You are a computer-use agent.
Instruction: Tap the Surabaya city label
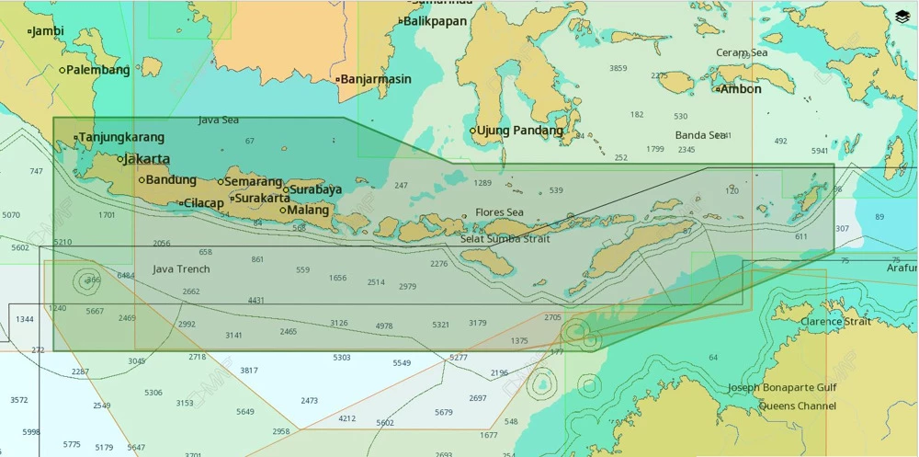pos(315,189)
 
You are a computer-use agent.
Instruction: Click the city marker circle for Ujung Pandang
pos(473,131)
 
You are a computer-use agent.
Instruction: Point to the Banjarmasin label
pos(377,79)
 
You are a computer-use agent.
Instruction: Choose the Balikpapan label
pos(435,21)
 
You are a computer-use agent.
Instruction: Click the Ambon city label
pos(741,89)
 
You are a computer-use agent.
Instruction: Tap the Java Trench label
pos(181,269)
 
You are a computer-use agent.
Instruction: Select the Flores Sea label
pos(499,212)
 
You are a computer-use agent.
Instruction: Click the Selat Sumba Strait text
pos(505,239)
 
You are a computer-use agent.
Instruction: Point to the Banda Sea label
pos(701,135)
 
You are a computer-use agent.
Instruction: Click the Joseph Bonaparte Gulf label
pos(782,388)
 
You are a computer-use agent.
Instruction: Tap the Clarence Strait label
pos(834,322)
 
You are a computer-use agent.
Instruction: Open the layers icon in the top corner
pos(902,16)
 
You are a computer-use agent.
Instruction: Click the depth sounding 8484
pos(126,276)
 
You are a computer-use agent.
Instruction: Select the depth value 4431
pos(255,301)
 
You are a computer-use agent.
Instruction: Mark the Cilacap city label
pos(203,203)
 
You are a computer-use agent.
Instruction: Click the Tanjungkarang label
pos(121,138)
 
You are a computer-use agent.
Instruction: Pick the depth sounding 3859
pos(618,68)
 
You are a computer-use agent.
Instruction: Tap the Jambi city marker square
pos(29,31)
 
